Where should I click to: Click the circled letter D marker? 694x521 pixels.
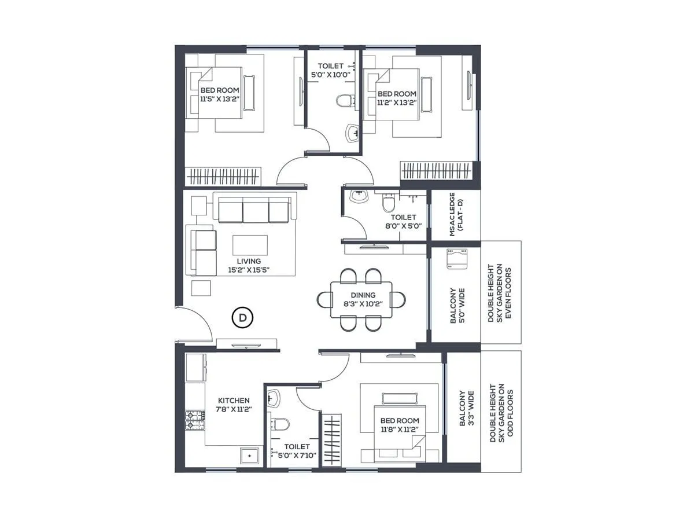(243, 317)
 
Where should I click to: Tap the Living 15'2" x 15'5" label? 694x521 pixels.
(249, 266)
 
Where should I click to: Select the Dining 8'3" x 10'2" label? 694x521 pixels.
(363, 299)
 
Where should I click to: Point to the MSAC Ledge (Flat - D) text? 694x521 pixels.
(456, 215)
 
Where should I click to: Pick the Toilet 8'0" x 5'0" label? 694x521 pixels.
(403, 222)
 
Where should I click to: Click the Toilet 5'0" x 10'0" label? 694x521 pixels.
(330, 71)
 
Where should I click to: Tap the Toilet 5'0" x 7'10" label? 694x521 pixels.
(297, 452)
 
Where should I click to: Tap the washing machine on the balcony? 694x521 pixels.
(455, 258)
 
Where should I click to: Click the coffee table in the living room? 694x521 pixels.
(250, 245)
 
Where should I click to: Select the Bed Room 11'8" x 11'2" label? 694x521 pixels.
(400, 425)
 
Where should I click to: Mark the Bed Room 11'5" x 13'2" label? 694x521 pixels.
(220, 95)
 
